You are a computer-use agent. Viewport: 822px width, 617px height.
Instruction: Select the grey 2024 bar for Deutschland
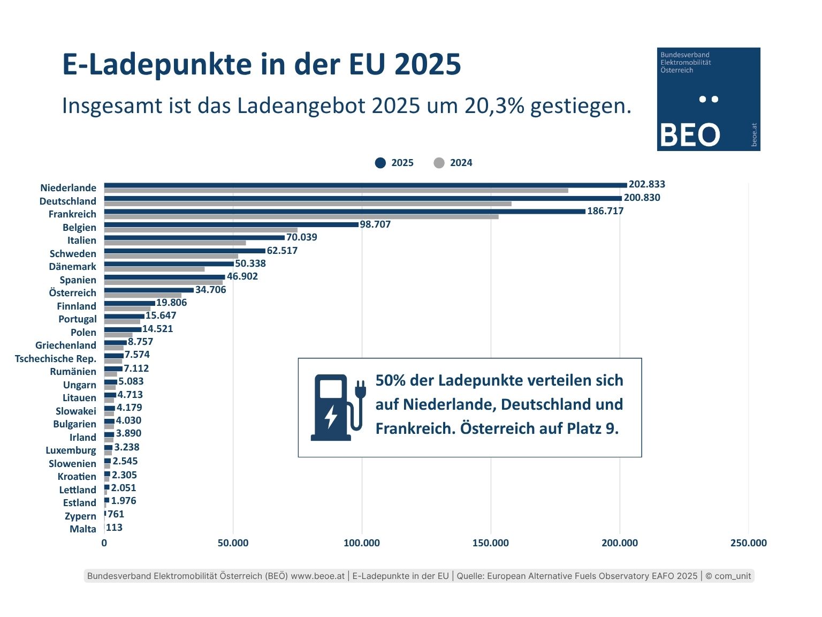[308, 204]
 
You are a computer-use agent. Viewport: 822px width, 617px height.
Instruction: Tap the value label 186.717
[605, 211]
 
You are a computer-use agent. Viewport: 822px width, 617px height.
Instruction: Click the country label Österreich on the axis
[72, 293]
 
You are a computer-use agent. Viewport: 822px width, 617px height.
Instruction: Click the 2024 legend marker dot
[439, 163]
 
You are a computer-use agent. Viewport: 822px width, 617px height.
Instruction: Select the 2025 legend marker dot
[380, 163]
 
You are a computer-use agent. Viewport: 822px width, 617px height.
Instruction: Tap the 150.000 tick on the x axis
[490, 543]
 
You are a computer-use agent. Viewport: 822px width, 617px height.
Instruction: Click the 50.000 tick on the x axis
[233, 543]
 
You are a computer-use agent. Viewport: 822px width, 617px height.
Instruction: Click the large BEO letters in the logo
[690, 135]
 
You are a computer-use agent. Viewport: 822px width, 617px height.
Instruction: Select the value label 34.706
[211, 290]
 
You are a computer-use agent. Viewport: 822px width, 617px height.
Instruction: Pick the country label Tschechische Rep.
[56, 359]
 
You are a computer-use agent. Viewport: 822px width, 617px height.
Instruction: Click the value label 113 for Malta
[115, 528]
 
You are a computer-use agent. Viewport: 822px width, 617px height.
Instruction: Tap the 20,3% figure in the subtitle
[494, 106]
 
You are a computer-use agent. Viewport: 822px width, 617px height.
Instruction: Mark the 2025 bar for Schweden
[185, 251]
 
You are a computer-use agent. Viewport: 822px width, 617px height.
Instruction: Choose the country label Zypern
[80, 516]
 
